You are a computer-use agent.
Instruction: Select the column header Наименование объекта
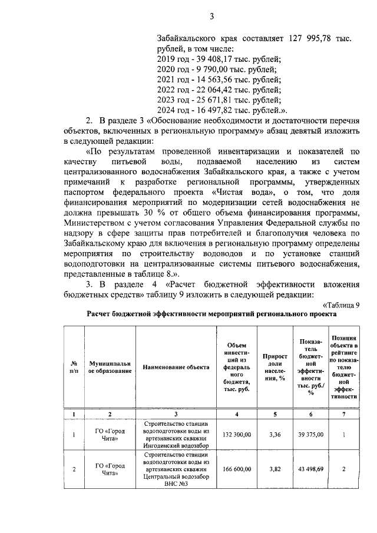(176, 367)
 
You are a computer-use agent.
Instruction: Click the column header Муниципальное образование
(110, 367)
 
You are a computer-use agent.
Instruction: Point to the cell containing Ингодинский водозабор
(176, 446)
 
